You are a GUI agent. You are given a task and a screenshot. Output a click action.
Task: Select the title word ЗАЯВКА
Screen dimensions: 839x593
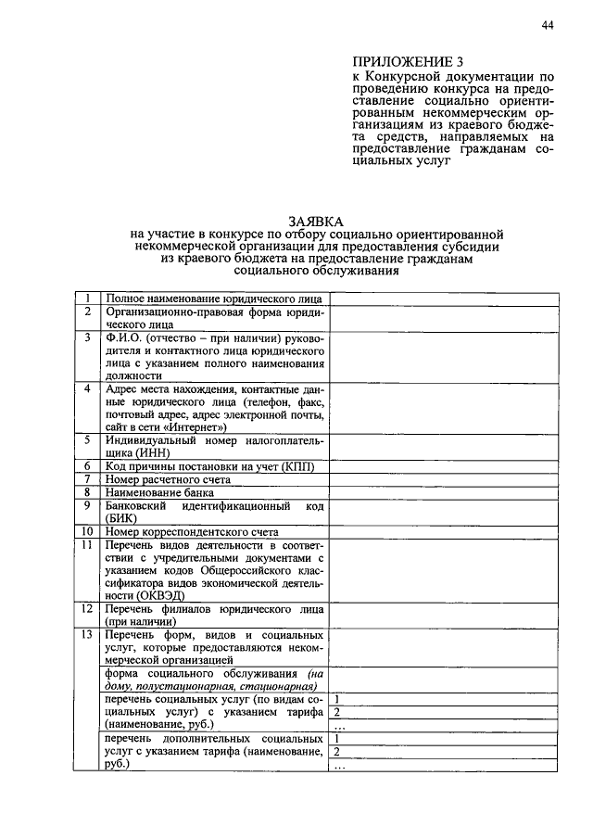(316, 222)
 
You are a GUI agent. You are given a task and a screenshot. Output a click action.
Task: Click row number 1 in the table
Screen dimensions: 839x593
(87, 299)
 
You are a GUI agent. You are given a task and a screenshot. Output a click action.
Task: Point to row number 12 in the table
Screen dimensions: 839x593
(87, 609)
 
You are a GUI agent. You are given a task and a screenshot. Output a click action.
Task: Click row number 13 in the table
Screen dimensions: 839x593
(87, 635)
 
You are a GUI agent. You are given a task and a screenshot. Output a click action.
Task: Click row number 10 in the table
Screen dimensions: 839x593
(87, 532)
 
